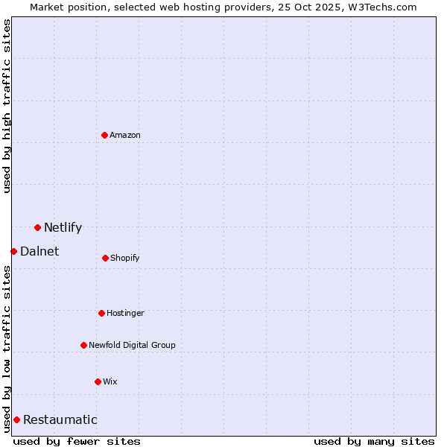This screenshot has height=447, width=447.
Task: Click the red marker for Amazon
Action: pos(104,135)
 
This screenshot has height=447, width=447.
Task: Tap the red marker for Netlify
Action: pos(37,227)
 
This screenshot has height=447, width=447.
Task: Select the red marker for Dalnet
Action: pos(13,251)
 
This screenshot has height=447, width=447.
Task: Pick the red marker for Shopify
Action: pos(105,258)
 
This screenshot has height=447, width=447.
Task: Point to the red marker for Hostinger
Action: pos(101,313)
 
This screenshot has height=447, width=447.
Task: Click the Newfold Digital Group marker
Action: pos(83,345)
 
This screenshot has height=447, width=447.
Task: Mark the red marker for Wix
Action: pos(98,381)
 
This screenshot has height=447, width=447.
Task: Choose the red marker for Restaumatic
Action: pos(16,419)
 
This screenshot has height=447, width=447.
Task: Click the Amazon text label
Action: pos(125,135)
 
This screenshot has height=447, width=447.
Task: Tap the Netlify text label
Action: pos(63,227)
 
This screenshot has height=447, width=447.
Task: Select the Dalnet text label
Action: pos(39,251)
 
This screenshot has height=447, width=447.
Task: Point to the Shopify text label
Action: pos(125,258)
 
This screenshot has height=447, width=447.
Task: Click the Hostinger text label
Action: pos(125,313)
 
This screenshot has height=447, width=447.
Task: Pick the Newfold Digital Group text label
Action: pos(132,345)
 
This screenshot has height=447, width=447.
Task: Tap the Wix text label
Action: pos(110,381)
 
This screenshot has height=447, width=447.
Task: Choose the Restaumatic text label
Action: pos(60,419)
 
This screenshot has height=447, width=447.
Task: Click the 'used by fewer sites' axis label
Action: pos(77,441)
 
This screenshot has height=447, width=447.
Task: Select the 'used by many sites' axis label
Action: pos(374,441)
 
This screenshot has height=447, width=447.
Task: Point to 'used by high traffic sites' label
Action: pos(7,106)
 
